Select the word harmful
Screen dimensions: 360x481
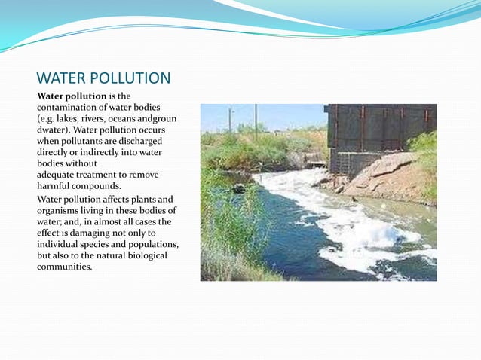tap(55, 185)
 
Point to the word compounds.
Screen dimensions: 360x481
tap(99, 185)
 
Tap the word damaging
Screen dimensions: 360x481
tap(87, 233)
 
